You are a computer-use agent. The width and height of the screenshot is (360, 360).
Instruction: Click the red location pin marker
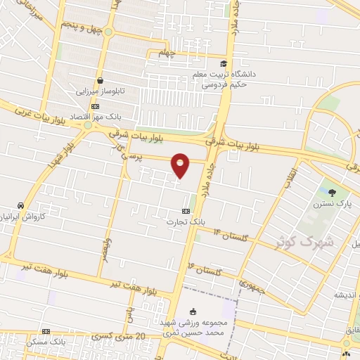pyautogui.click(x=181, y=165)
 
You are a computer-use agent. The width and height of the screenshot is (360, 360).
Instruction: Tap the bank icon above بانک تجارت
pyautogui.click(x=186, y=210)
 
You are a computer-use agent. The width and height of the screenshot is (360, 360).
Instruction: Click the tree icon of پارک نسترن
pyautogui.click(x=332, y=192)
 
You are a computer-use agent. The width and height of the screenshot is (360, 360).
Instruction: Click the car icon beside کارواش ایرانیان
pyautogui.click(x=21, y=205)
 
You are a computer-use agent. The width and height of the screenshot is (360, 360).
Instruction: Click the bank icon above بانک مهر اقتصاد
pyautogui.click(x=96, y=107)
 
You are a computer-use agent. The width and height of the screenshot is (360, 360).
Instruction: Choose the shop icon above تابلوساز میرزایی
pyautogui.click(x=100, y=81)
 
